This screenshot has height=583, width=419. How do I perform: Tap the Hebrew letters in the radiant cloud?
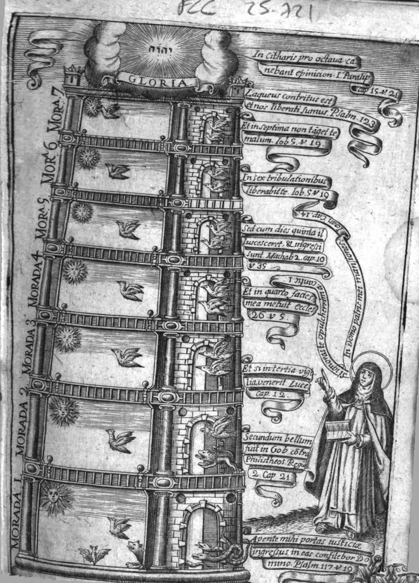point(157,49)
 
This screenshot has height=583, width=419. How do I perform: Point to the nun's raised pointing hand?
point(324,376)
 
